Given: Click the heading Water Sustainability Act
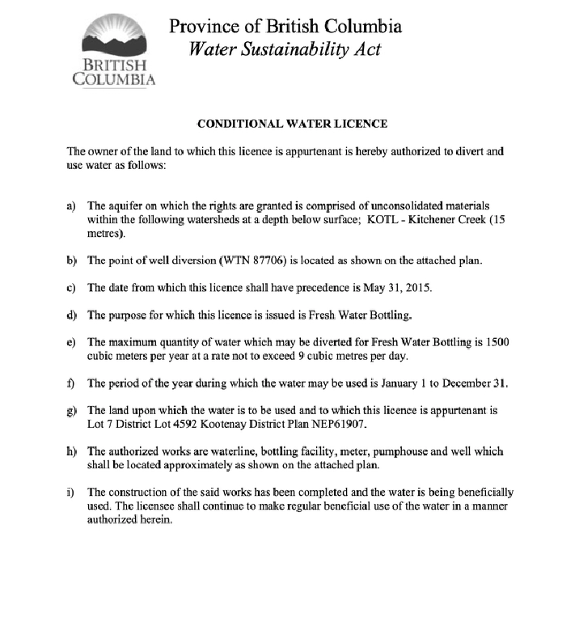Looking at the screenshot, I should point(285,49).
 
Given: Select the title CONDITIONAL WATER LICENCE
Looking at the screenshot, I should point(292,124).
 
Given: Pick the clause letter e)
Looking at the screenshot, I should point(71,342).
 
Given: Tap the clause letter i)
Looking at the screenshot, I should point(71,493).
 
